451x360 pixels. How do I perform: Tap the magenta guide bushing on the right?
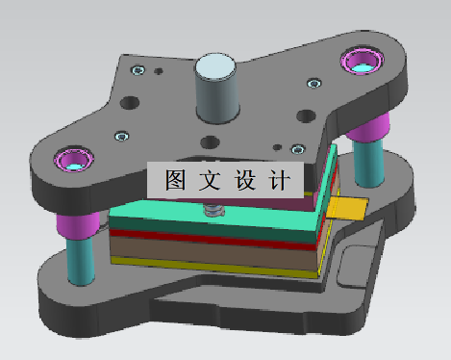point(363,63)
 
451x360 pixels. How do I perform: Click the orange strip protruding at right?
point(347,206)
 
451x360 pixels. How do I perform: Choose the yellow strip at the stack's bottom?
point(221,269)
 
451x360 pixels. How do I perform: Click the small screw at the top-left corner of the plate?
point(140,69)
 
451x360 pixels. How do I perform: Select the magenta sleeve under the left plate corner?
point(78,227)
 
